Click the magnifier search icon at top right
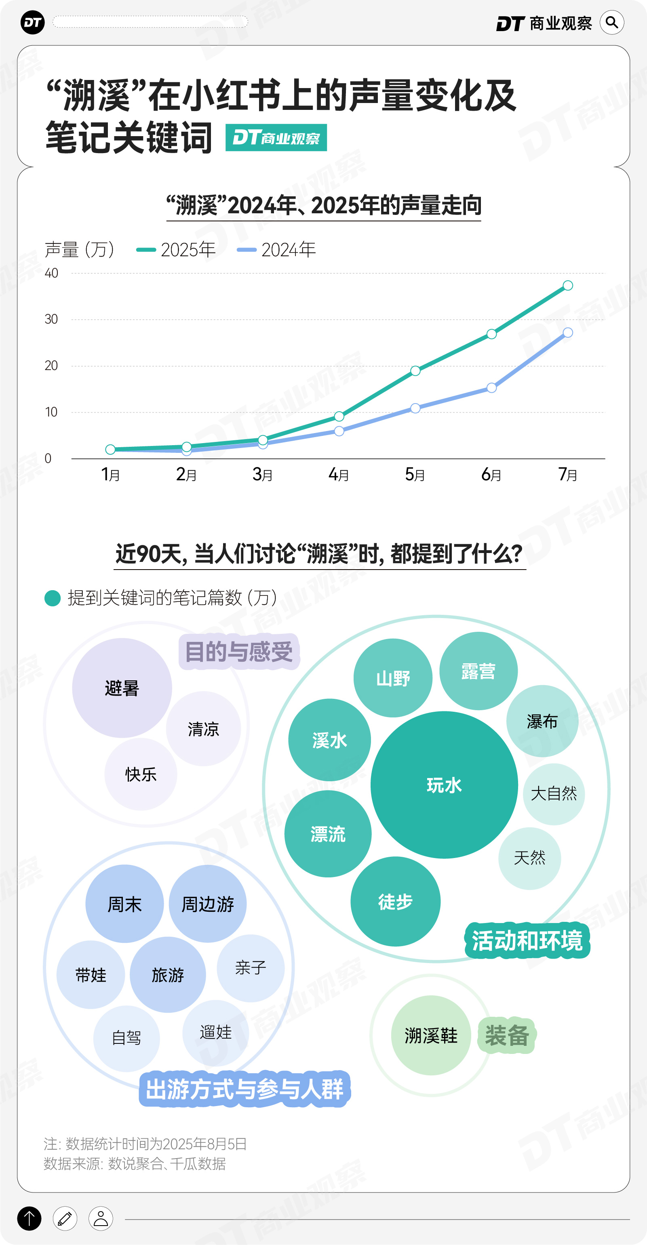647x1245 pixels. point(612,23)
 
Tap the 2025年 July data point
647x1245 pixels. point(568,286)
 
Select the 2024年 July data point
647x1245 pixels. point(568,332)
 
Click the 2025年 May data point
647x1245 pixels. point(415,371)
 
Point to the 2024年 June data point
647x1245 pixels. point(491,388)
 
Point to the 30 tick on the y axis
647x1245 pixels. point(51,320)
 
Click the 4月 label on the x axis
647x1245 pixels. point(339,475)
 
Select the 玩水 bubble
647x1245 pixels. point(444,785)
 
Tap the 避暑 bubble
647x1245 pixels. point(122,688)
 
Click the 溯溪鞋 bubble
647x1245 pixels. point(431,1035)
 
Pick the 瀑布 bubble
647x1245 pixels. point(542,721)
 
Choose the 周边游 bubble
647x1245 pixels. point(207,904)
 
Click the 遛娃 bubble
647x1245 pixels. point(216,1033)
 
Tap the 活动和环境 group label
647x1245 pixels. point(527,940)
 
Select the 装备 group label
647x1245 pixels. point(507,1035)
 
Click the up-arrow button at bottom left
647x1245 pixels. point(30,1218)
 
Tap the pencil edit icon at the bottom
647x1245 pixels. point(65,1218)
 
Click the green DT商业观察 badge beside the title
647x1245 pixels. point(276,138)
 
